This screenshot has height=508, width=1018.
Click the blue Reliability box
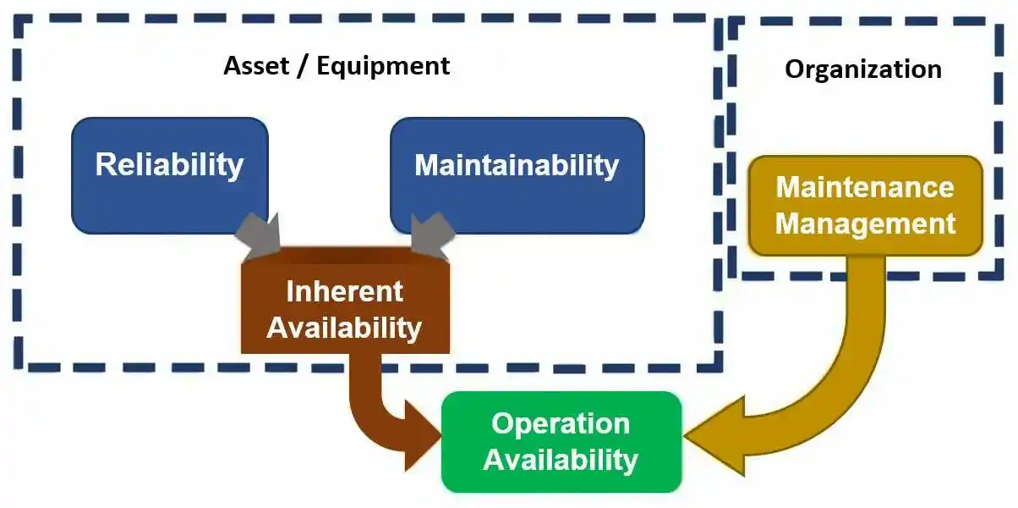click(169, 174)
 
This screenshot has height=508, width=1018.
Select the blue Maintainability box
click(517, 174)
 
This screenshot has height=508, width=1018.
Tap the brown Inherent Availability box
click(344, 308)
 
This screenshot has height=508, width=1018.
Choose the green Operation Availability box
click(561, 441)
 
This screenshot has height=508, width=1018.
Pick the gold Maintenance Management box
click(865, 206)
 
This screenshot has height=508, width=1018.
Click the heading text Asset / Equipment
click(337, 66)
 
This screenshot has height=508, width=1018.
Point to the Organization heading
click(862, 69)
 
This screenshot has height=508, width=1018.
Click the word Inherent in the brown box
click(344, 291)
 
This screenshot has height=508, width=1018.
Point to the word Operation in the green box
click(561, 423)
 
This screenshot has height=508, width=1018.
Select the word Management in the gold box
click(865, 224)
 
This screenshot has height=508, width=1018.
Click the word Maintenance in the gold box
click(865, 187)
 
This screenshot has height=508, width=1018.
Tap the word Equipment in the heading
click(383, 66)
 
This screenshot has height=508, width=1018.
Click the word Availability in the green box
click(561, 460)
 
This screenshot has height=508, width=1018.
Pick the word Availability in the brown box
click(344, 327)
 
